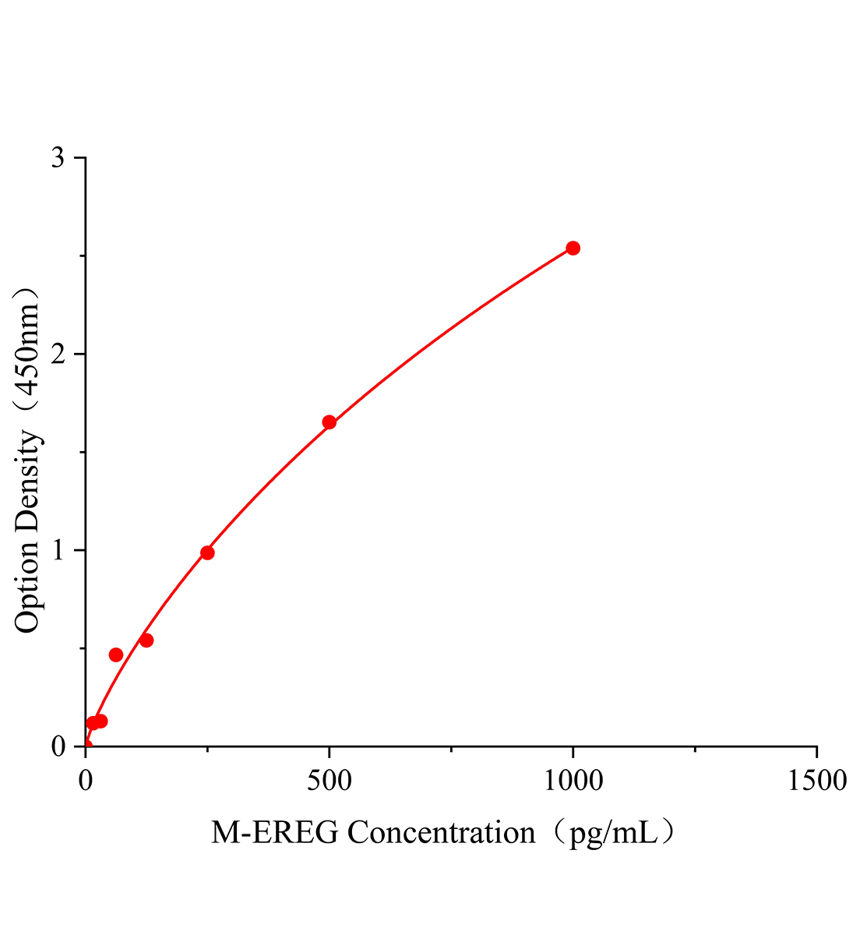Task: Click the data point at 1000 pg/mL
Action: tap(573, 248)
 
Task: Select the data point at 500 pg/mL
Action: tap(329, 422)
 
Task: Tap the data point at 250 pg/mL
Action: tap(207, 552)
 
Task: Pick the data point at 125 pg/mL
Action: tap(146, 640)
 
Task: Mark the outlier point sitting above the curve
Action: tap(116, 654)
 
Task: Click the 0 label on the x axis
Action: tap(86, 780)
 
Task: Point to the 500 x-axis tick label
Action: tap(329, 780)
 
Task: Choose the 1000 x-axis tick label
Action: tap(573, 780)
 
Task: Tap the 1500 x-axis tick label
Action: tap(816, 780)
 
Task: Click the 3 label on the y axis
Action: tap(58, 158)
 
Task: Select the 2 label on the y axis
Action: tap(58, 355)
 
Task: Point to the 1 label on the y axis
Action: tap(58, 551)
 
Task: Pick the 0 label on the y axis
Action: tap(58, 746)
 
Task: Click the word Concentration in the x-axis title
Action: tap(442, 833)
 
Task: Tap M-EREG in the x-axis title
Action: tap(275, 833)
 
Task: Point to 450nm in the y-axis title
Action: tap(27, 350)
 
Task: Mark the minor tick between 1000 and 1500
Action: tap(694, 750)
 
